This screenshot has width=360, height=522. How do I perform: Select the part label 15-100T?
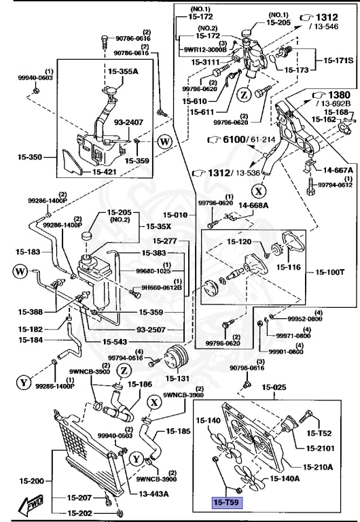click(x=331, y=273)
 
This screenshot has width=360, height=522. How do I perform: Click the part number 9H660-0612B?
click(x=162, y=287)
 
